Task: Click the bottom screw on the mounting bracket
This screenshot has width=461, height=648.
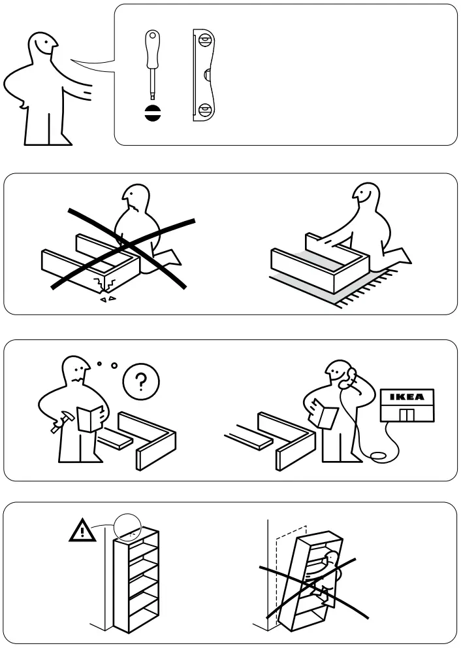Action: [x=205, y=110]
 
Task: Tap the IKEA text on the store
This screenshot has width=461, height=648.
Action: [x=406, y=397]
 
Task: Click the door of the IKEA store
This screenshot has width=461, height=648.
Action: [x=406, y=416]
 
